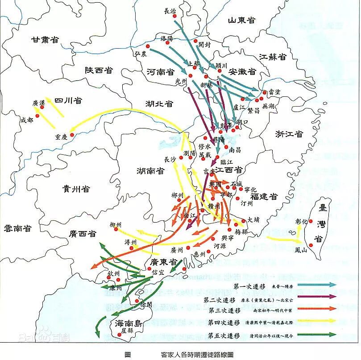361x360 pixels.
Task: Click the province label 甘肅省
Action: click(x=45, y=39)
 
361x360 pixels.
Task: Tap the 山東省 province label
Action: click(x=241, y=20)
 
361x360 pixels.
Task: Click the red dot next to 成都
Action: click(x=37, y=116)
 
